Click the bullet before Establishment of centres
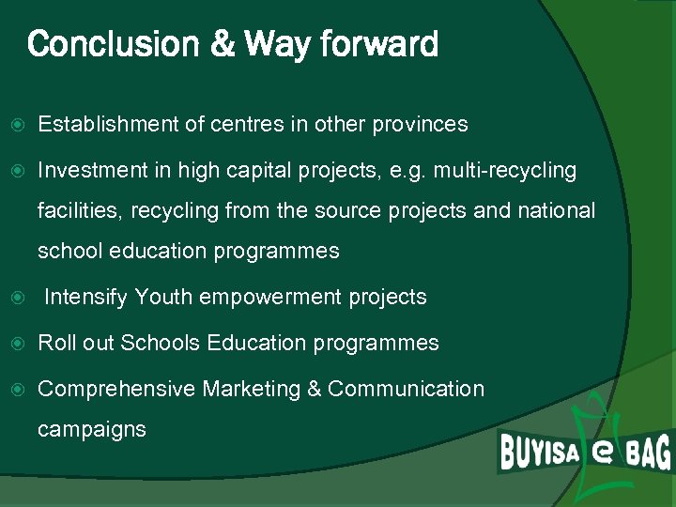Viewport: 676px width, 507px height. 15,125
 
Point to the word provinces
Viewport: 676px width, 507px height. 420,124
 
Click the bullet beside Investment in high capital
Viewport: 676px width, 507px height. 15,171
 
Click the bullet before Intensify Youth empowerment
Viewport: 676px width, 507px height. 15,299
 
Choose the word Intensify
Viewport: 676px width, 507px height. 85,298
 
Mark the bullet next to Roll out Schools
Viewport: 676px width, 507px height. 15,344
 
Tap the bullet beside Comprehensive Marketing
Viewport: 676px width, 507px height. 15,389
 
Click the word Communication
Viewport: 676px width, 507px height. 407,389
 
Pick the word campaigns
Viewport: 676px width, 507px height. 92,430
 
